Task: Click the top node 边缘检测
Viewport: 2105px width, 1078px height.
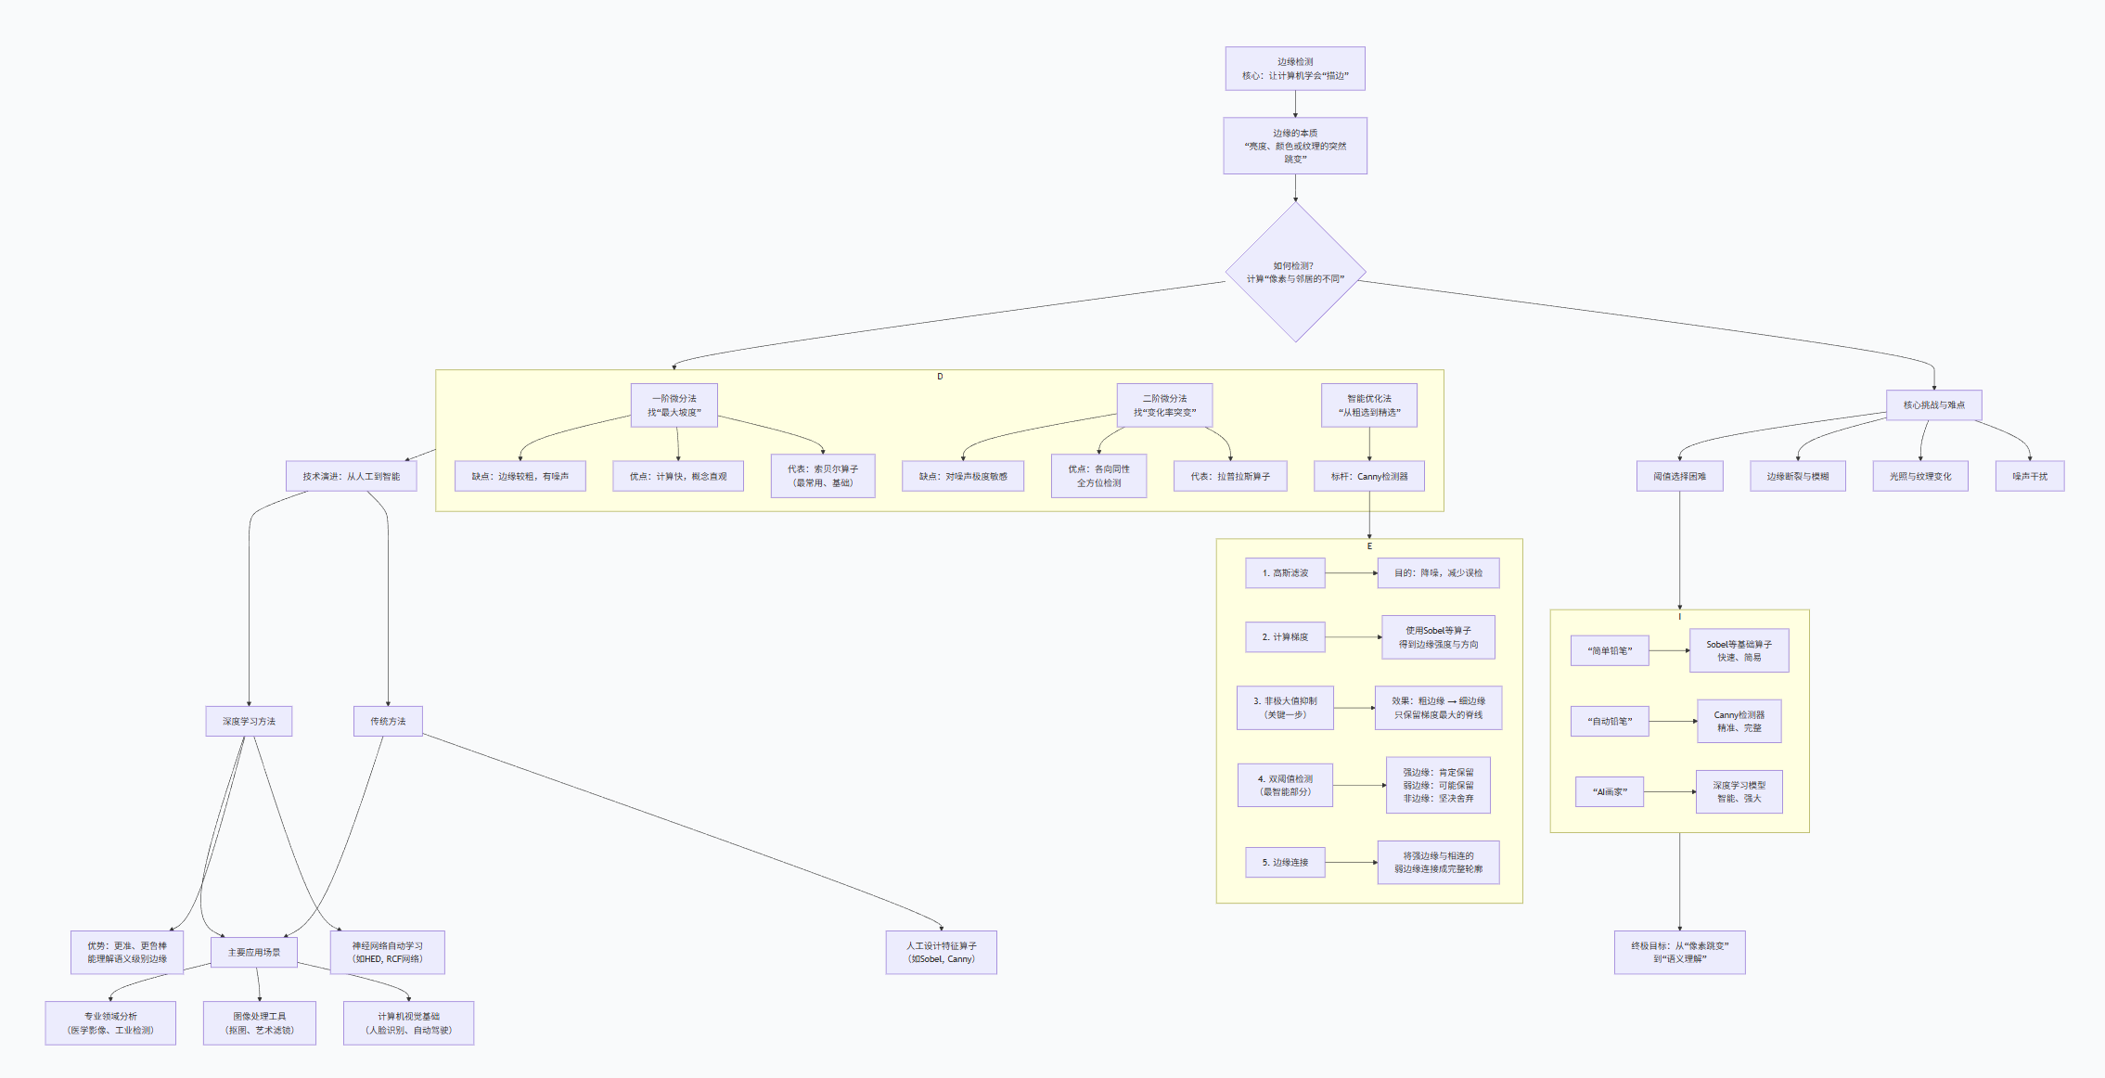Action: coord(1294,69)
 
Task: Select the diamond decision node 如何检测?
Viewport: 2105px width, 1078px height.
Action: coord(1295,273)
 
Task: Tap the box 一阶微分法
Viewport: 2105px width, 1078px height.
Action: coord(674,405)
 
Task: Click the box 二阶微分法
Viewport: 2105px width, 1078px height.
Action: coord(1164,405)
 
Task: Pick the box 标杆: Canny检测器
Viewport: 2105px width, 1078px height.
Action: coord(1368,476)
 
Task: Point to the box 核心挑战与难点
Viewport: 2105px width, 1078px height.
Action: coord(1933,404)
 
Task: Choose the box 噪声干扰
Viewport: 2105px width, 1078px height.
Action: coord(2029,476)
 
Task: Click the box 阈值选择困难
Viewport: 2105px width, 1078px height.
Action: coord(1679,476)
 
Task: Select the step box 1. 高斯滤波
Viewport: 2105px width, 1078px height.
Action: coord(1285,573)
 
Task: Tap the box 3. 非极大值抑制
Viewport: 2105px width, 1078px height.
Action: coord(1285,708)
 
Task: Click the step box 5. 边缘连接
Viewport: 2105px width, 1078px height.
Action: coord(1285,863)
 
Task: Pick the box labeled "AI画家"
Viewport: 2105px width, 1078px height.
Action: coord(1610,791)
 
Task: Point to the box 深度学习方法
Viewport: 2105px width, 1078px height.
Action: coord(249,721)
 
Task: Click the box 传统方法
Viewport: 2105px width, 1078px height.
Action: coord(388,721)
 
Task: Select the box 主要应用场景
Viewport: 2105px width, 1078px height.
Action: coord(253,952)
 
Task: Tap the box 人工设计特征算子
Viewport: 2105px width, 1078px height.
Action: coord(941,952)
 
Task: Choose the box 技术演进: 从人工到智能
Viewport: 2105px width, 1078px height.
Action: coord(351,476)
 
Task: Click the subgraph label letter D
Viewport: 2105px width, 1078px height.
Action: coord(940,377)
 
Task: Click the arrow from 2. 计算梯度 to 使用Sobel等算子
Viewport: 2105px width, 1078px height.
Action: coord(1353,637)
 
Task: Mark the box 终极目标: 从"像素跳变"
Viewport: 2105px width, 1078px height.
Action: coord(1679,952)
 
